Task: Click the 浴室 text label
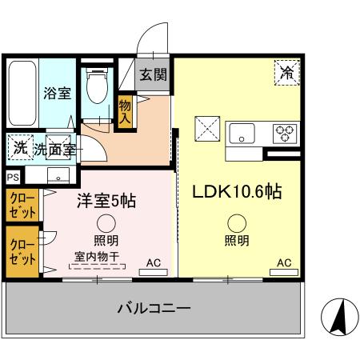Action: [x=56, y=93]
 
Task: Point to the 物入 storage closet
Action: [x=125, y=111]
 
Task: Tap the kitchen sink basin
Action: [x=242, y=133]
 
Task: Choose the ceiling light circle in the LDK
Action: [x=235, y=224]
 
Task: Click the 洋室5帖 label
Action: [x=106, y=200]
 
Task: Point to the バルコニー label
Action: [x=153, y=308]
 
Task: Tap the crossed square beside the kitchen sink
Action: [x=207, y=127]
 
